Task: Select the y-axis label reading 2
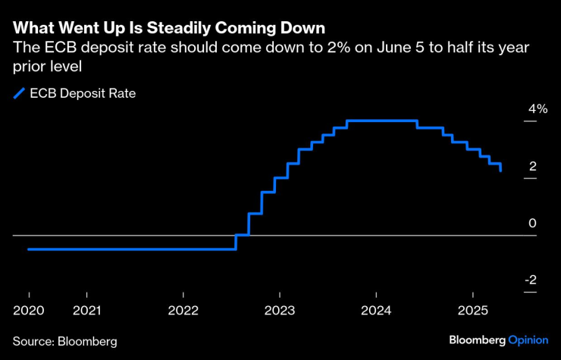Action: coord(533,166)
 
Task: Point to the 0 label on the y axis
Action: coord(533,224)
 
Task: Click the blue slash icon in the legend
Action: coord(18,95)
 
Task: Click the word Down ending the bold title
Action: coord(303,29)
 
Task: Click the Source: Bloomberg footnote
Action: coord(65,342)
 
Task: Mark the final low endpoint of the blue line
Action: coord(501,171)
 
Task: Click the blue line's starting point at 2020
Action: coord(28,249)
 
